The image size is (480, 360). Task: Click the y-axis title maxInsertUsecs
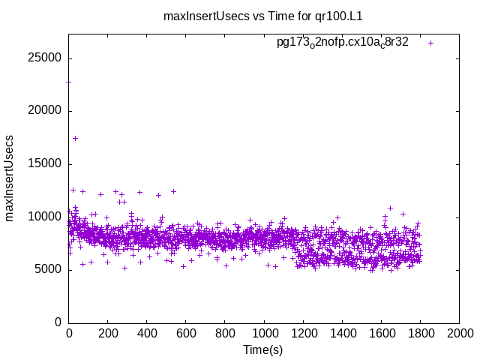pyautogui.click(x=10, y=178)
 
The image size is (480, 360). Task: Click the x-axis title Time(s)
pyautogui.click(x=263, y=349)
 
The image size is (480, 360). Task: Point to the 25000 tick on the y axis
pyautogui.click(x=46, y=58)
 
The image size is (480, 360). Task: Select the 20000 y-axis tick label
pyautogui.click(x=46, y=111)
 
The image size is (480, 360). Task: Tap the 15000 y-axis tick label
pyautogui.click(x=46, y=164)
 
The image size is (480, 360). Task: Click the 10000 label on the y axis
pyautogui.click(x=46, y=217)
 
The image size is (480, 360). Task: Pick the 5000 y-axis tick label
pyautogui.click(x=49, y=269)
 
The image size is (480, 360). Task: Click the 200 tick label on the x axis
pyautogui.click(x=108, y=333)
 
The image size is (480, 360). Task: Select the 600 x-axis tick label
pyautogui.click(x=186, y=333)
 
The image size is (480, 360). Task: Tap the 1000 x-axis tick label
pyautogui.click(x=264, y=333)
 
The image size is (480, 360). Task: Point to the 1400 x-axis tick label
pyautogui.click(x=342, y=333)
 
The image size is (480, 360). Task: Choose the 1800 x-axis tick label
pyautogui.click(x=420, y=333)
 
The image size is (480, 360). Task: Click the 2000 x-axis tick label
pyautogui.click(x=459, y=333)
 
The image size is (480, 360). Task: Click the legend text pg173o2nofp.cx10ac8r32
pyautogui.click(x=343, y=43)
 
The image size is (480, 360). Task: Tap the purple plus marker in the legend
pyautogui.click(x=430, y=43)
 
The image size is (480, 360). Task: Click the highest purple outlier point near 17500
pyautogui.click(x=75, y=138)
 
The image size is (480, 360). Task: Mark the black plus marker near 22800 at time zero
pyautogui.click(x=69, y=82)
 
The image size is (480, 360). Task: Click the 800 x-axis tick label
pyautogui.click(x=225, y=333)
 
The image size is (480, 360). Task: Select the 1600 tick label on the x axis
pyautogui.click(x=381, y=333)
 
